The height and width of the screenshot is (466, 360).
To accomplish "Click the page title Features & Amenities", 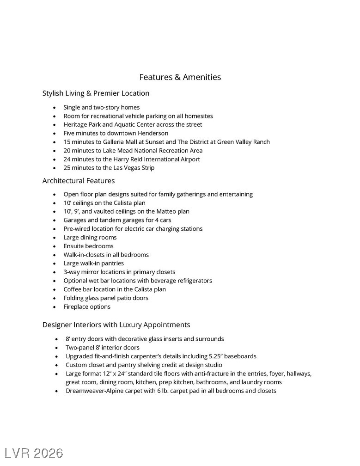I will (180, 77).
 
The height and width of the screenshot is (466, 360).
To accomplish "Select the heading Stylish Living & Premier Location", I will (96, 93).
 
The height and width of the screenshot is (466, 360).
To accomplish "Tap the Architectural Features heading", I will (79, 181).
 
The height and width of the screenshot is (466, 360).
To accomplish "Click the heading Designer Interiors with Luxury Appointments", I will (116, 325).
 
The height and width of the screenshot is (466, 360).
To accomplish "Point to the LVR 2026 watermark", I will (34, 453).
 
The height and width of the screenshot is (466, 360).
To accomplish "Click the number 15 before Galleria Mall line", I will (67, 142).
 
